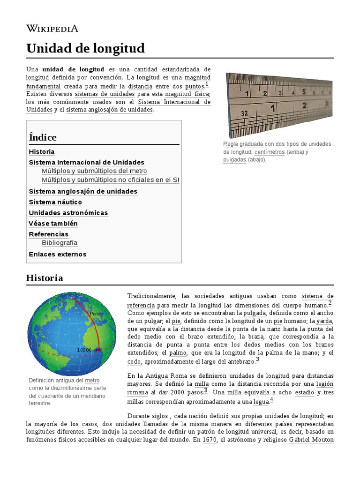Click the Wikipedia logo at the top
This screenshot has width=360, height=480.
[52, 29]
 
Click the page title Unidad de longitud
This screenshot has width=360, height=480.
[85, 48]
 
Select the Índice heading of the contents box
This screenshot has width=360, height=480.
[43, 137]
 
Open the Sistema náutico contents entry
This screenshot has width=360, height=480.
[55, 202]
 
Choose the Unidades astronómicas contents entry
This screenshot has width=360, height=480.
[68, 213]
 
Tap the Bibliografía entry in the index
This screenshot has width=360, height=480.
[60, 243]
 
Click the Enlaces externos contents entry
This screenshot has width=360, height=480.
[58, 254]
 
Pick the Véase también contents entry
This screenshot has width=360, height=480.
[53, 224]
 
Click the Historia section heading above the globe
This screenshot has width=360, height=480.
[45, 278]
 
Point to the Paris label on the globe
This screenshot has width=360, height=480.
[95, 314]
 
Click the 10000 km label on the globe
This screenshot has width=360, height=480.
[89, 350]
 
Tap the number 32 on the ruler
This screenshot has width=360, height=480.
[245, 113]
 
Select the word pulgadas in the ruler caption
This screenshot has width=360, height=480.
[234, 159]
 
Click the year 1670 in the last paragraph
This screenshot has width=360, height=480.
[210, 440]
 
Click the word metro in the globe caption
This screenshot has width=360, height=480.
[92, 381]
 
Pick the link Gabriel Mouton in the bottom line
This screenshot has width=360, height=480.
[311, 440]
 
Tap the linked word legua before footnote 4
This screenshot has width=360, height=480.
[261, 402]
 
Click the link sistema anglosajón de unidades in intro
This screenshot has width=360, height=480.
[109, 110]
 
